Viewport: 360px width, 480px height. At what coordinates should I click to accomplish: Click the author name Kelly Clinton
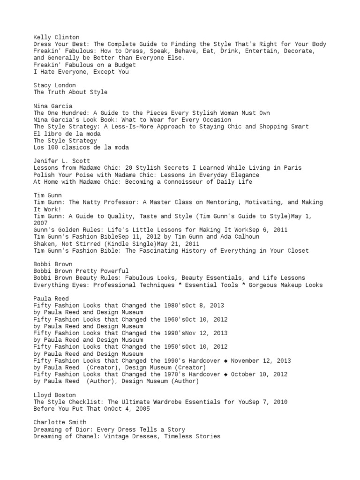click(56, 37)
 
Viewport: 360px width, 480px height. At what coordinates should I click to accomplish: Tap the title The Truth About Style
click(70, 92)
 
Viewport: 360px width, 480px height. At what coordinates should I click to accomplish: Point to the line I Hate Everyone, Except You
click(81, 72)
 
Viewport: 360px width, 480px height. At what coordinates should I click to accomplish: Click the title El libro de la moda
click(67, 134)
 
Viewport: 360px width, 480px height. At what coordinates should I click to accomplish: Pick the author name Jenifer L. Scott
click(61, 161)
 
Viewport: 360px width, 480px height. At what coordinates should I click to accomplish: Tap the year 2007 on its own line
click(41, 223)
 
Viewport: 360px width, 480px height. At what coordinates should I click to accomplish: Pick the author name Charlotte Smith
click(60, 423)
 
